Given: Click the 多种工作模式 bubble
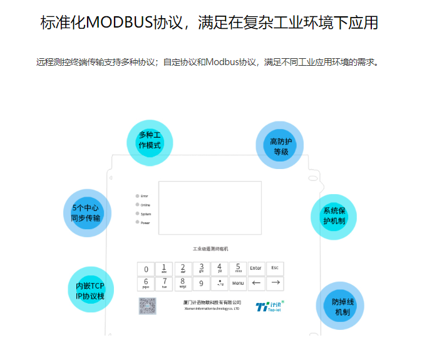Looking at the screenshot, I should coord(150,143).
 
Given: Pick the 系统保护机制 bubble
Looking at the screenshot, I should coord(334,216).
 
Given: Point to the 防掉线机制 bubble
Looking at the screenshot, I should coord(341,306).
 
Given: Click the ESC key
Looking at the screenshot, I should coord(275,269).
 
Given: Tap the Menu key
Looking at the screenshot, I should coord(238,284).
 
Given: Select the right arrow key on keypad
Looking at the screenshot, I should coord(275,284).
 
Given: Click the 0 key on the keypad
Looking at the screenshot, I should coord(146,269).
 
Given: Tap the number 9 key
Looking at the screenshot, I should coord(201,284).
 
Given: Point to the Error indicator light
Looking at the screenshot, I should coord(137,196).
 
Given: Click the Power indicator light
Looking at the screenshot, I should coord(137,223).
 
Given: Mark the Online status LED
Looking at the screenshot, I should coord(137,205).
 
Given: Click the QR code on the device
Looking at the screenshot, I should coord(148,306).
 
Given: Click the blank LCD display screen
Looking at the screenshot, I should coord(209,208).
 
